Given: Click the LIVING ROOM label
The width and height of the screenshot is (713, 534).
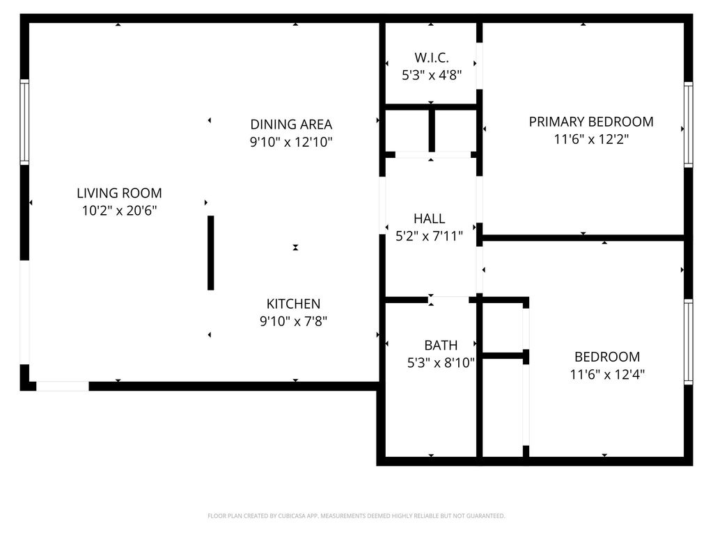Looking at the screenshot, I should pyautogui.click(x=119, y=193).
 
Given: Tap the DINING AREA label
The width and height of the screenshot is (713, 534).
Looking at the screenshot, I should pyautogui.click(x=291, y=124).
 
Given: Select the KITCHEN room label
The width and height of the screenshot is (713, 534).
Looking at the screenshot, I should pyautogui.click(x=293, y=304).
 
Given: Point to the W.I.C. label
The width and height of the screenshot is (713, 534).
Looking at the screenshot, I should pyautogui.click(x=431, y=58).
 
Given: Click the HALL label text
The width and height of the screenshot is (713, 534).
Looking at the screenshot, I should pyautogui.click(x=429, y=219).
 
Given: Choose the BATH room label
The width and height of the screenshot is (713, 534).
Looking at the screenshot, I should pyautogui.click(x=441, y=345).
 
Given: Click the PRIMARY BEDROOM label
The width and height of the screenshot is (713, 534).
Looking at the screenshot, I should pyautogui.click(x=590, y=122).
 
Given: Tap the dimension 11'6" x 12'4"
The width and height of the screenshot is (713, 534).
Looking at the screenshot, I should pyautogui.click(x=606, y=375).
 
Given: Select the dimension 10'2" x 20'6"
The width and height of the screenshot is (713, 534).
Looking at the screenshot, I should pyautogui.click(x=119, y=211).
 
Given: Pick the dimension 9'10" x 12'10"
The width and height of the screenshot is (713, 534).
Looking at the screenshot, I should pyautogui.click(x=291, y=143).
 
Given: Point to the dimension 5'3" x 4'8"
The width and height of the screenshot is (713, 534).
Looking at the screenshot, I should pyautogui.click(x=431, y=74).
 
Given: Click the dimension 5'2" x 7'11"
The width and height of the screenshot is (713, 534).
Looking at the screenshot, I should pyautogui.click(x=429, y=236).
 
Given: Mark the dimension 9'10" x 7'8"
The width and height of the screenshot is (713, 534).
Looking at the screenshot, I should pyautogui.click(x=293, y=321).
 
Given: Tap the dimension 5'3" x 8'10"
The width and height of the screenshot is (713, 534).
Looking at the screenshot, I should pyautogui.click(x=441, y=362).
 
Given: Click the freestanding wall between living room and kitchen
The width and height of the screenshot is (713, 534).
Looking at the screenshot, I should pyautogui.click(x=210, y=252).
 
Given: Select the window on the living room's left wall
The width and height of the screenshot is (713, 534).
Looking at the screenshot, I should pyautogui.click(x=24, y=122).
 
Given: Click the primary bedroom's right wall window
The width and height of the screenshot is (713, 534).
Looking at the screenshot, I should pyautogui.click(x=688, y=124).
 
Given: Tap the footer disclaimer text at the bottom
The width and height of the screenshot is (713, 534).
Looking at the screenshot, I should pyautogui.click(x=356, y=516).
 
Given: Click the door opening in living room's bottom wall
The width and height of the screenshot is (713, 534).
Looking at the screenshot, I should pyautogui.click(x=62, y=386).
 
